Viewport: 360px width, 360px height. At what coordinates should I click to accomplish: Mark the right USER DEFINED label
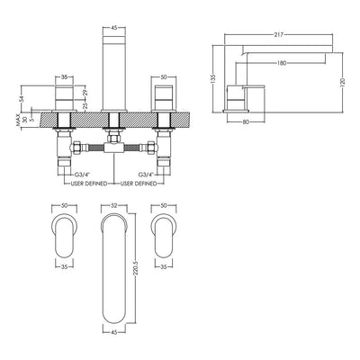pos(138,184)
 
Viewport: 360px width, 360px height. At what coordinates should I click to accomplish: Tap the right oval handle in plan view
pos(166,235)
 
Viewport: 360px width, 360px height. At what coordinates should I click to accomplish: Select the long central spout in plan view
pos(112,270)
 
